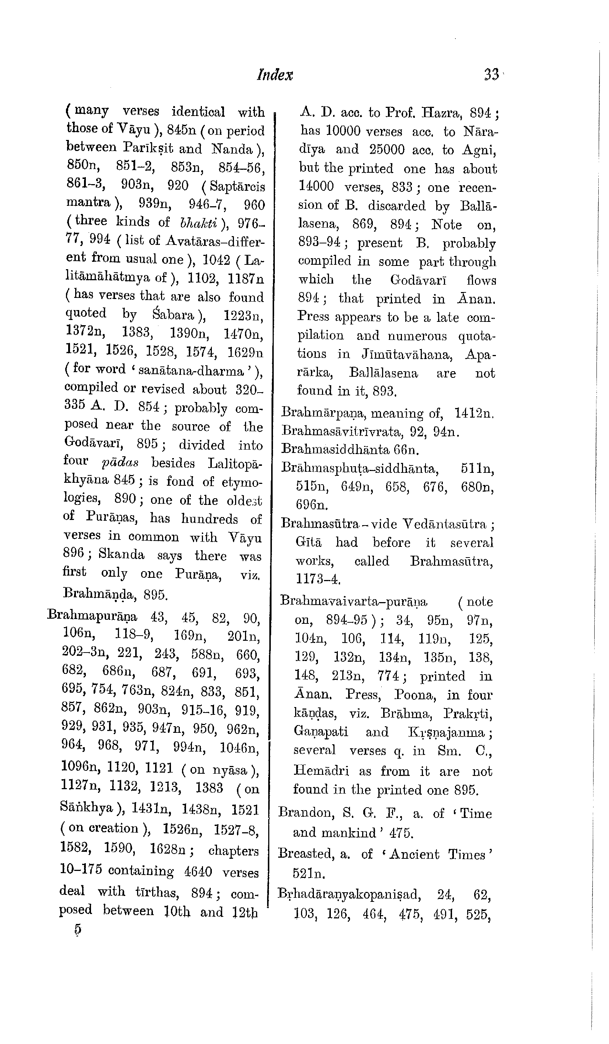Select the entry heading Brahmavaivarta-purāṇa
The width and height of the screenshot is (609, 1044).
click(353, 602)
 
